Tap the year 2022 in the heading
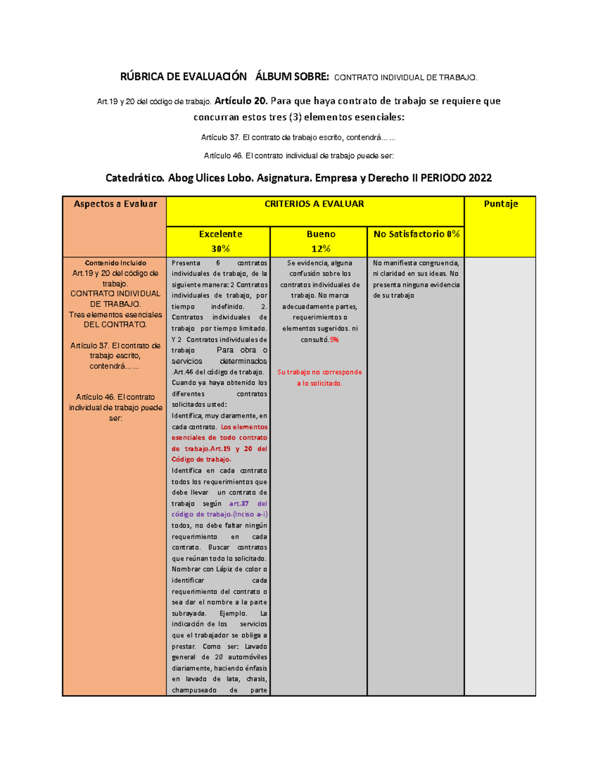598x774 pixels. coord(480,178)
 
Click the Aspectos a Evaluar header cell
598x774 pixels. coord(115,204)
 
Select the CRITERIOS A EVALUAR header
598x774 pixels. coord(314,204)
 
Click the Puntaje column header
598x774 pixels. coord(500,204)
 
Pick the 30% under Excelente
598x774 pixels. coord(220,249)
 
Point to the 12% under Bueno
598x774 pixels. coord(320,249)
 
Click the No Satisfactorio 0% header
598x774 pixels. coord(416,234)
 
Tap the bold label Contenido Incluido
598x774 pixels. coord(115,263)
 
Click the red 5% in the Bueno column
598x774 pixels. coord(334,340)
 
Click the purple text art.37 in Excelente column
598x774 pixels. coord(239,504)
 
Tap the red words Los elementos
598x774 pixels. coord(244,427)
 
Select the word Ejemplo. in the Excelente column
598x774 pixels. coord(233,614)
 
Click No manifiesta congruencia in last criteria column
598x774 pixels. coord(416,263)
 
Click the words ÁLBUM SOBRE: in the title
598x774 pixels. coord(292,77)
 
